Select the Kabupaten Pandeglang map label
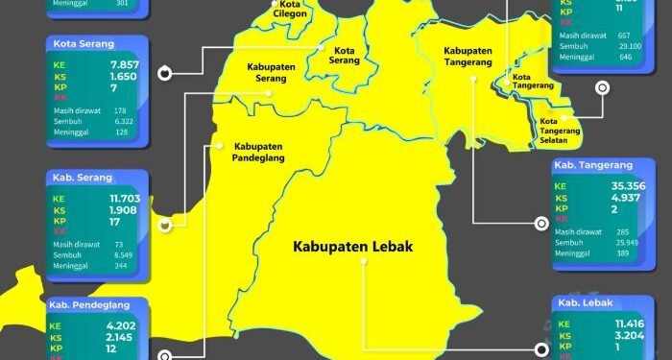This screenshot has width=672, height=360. (258, 153)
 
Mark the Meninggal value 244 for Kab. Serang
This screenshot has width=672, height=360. (120, 266)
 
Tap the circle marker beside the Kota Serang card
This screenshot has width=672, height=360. (164, 72)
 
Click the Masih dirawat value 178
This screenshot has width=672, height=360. (120, 111)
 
